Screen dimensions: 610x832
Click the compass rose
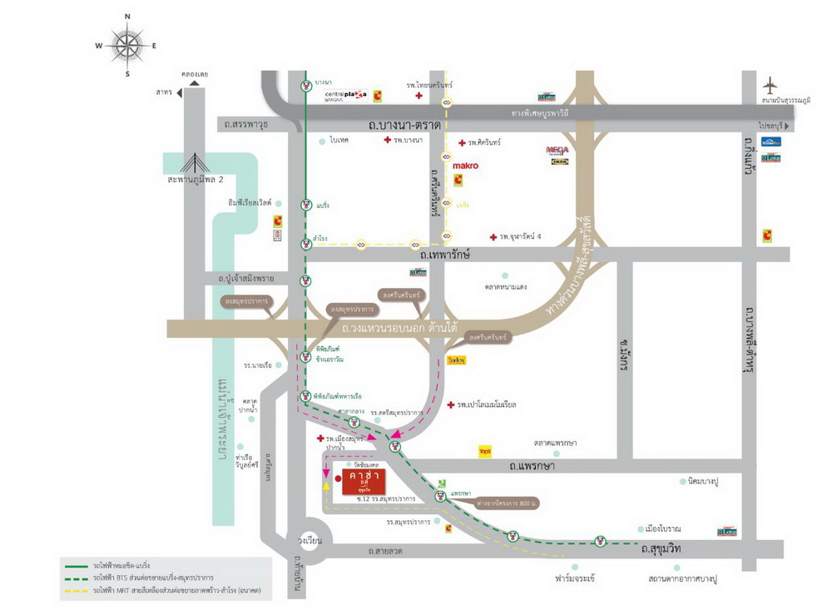click(127, 44)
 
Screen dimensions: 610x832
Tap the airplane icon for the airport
click(771, 85)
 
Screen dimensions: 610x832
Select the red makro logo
click(465, 166)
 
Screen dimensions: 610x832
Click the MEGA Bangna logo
click(557, 151)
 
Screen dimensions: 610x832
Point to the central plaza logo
click(345, 95)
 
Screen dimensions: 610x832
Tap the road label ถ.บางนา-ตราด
click(404, 125)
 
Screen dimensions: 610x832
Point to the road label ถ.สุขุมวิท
click(661, 549)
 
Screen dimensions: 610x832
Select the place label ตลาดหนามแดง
click(506, 286)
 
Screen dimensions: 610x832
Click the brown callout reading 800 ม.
click(505, 503)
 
